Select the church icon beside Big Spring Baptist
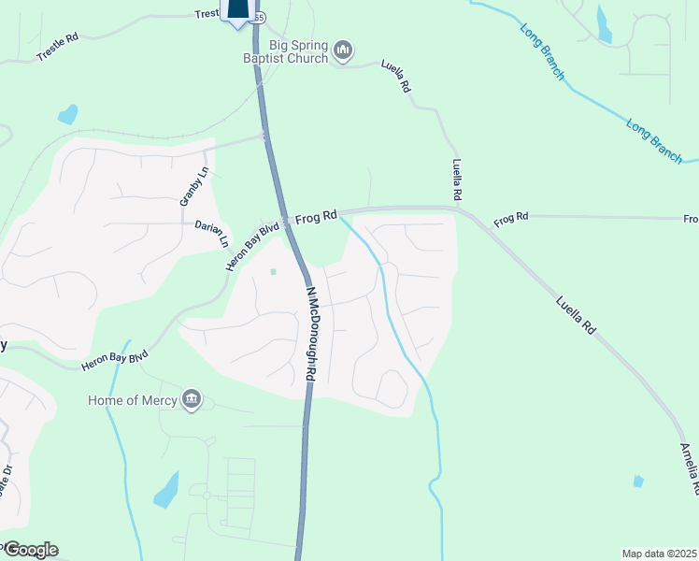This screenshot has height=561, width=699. click(x=343, y=50)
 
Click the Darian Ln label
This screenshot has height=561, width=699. click(x=211, y=232)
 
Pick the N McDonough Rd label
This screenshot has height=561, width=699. click(x=311, y=333)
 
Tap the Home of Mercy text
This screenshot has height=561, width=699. click(x=132, y=400)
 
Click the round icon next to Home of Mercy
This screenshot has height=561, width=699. click(x=192, y=400)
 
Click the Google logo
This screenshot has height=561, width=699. click(x=30, y=550)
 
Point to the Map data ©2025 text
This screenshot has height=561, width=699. click(x=659, y=554)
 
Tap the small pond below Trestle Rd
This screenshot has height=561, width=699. click(x=67, y=115)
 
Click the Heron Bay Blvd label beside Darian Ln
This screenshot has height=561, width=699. click(x=252, y=247)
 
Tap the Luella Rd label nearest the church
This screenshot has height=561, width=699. click(x=396, y=76)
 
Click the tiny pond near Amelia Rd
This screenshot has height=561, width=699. click(x=638, y=481)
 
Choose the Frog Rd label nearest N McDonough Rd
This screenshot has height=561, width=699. click(x=316, y=217)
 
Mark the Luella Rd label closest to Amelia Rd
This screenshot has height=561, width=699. click(x=576, y=316)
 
